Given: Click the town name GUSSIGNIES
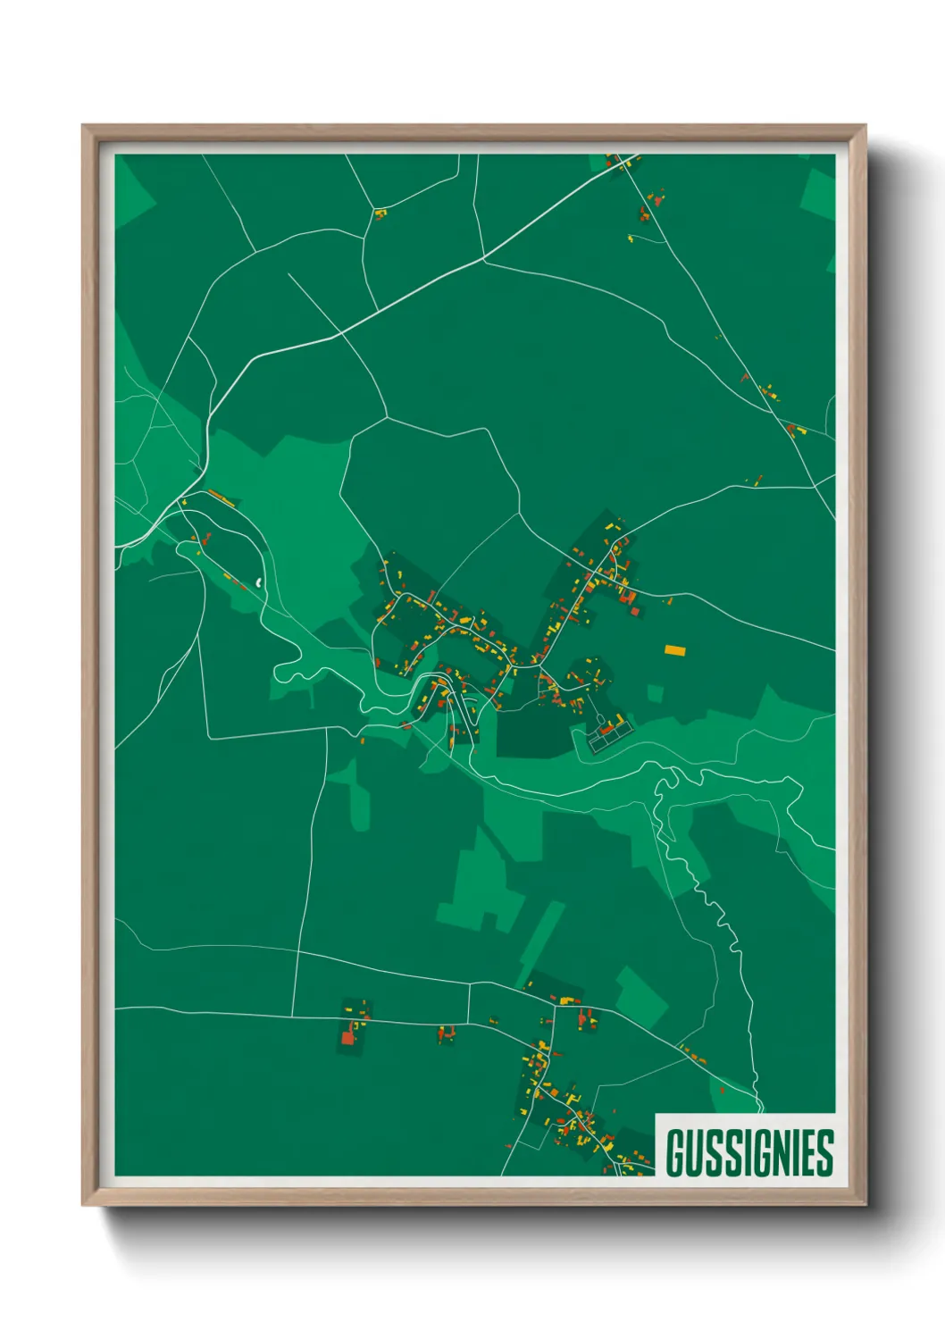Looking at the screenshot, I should pos(748,1152).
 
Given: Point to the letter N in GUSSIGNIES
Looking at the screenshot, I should pos(779,1152).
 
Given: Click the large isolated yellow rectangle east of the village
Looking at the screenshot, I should pos(675,650).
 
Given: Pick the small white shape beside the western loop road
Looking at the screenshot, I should pos(259,582).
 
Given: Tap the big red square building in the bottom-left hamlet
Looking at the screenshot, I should pos(348,1038).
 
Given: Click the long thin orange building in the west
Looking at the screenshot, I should pos(222,497).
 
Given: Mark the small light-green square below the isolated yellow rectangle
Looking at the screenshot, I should pos(656,693).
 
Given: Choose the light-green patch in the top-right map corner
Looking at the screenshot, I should pos(819,192).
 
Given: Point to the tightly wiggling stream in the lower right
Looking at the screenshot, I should pos(720,920).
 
